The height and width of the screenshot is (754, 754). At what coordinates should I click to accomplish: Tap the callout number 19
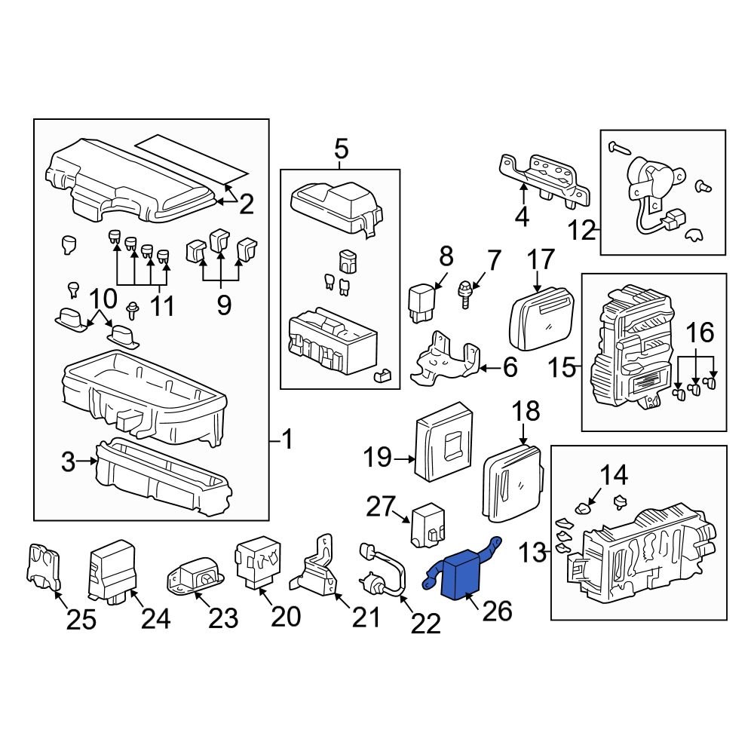pyautogui.click(x=380, y=457)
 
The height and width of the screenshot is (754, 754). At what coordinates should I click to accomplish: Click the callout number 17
pyautogui.click(x=541, y=260)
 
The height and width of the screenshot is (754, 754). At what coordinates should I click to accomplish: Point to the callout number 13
pyautogui.click(x=532, y=553)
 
